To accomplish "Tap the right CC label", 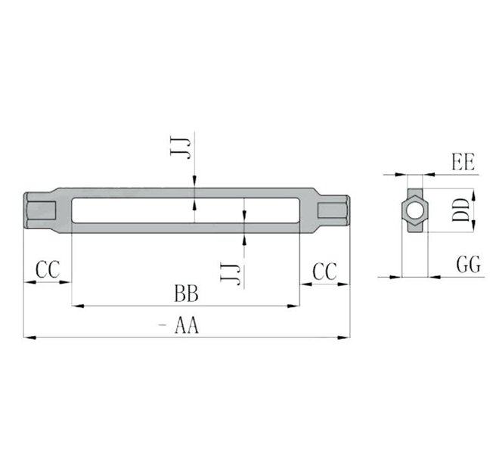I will [x=325, y=271].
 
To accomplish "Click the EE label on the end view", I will [x=463, y=163].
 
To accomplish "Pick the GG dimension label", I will [x=469, y=265].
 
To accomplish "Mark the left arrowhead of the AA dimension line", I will [x=28, y=335].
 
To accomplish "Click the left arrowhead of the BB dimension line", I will [x=76, y=306].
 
